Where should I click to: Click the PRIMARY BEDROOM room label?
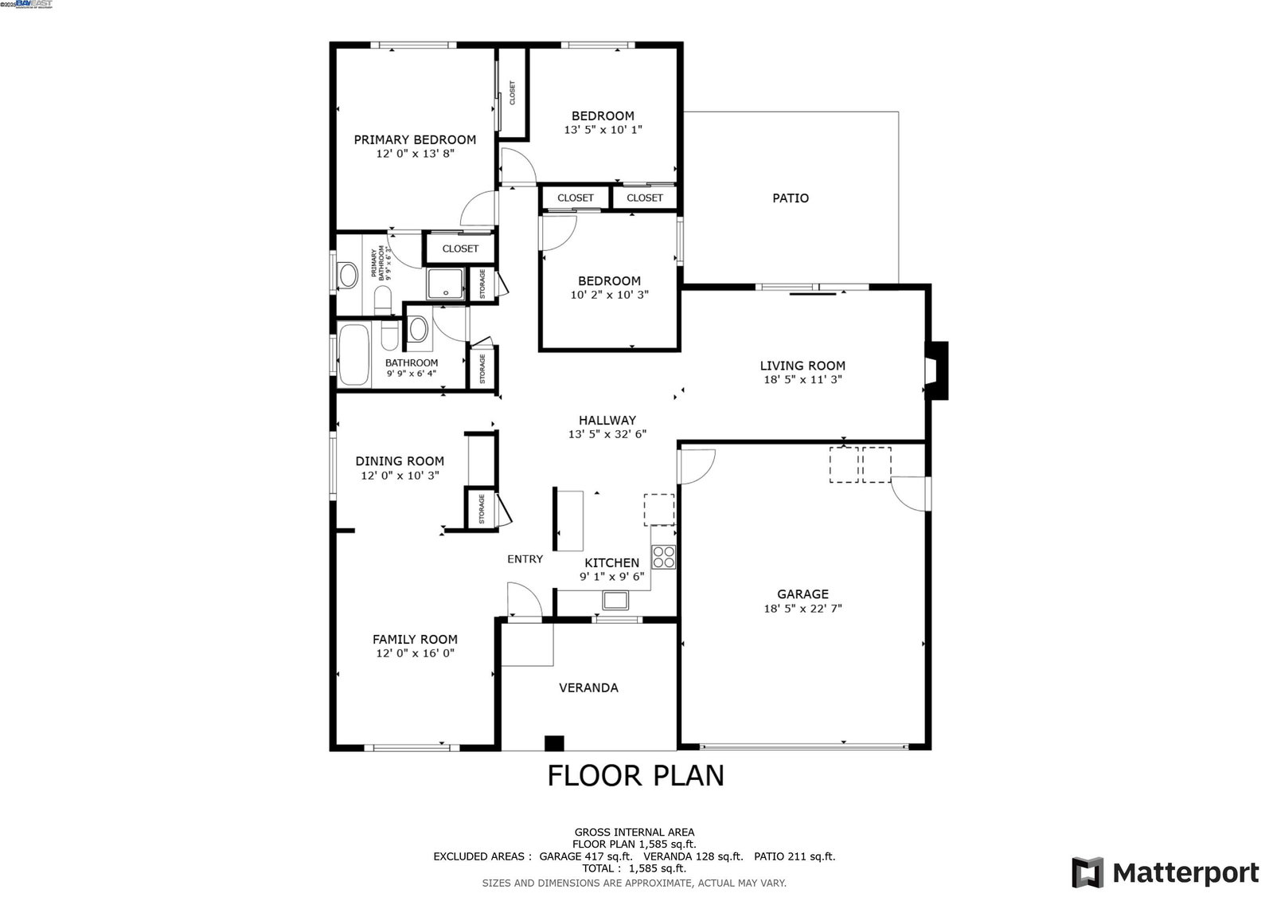click(415, 140)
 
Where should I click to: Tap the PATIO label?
click(791, 198)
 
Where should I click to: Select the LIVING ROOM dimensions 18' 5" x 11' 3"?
click(802, 379)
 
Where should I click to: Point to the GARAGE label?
click(802, 594)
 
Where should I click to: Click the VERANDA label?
click(588, 688)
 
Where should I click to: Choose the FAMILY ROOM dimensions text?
click(415, 653)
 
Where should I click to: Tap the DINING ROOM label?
click(400, 461)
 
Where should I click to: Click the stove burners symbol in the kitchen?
click(663, 556)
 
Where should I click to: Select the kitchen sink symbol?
click(615, 600)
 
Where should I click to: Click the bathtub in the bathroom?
click(353, 355)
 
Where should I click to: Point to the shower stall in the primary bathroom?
click(446, 284)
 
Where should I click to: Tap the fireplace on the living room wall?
click(936, 370)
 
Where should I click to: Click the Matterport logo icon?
click(1088, 872)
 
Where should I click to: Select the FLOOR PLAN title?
click(635, 775)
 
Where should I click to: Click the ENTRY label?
click(525, 559)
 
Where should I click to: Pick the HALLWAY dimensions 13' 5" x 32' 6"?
click(607, 434)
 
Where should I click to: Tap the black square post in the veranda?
click(554, 743)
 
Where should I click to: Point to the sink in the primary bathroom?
click(348, 276)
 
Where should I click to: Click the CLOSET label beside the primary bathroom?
click(460, 249)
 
